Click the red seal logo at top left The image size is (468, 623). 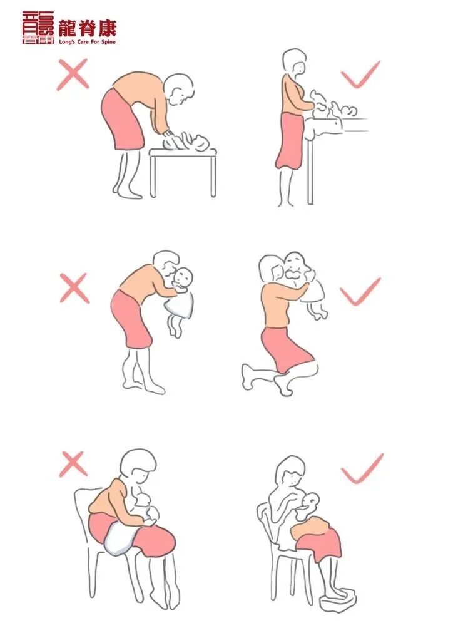(x=38, y=28)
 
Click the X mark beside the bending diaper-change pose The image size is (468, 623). (x=73, y=75)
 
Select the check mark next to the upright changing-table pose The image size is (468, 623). (x=360, y=74)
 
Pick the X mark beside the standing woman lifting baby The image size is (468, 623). (x=74, y=288)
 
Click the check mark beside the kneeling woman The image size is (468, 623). (x=360, y=291)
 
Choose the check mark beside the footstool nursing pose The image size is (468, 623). (x=362, y=468)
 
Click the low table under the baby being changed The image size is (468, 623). (x=183, y=172)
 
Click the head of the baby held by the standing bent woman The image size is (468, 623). (x=183, y=278)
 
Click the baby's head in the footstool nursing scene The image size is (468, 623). (x=312, y=502)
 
